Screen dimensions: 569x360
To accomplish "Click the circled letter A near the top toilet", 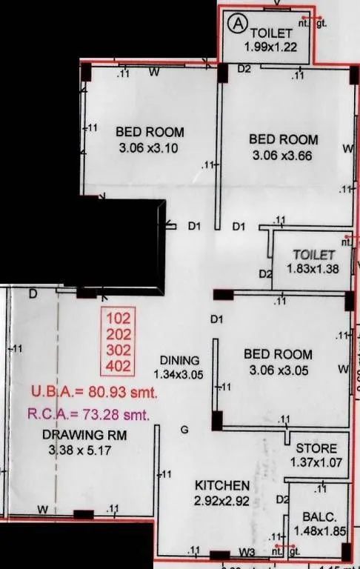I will [x=237, y=24].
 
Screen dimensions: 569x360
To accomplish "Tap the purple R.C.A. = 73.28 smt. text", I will [x=89, y=413].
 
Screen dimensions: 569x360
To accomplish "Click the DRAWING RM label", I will [x=74, y=435].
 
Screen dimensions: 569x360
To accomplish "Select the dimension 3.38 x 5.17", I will [x=77, y=450].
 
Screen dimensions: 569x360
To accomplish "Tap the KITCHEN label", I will [x=221, y=485].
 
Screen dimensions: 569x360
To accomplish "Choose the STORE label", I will [x=316, y=449].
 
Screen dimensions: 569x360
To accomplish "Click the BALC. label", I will [x=316, y=516].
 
